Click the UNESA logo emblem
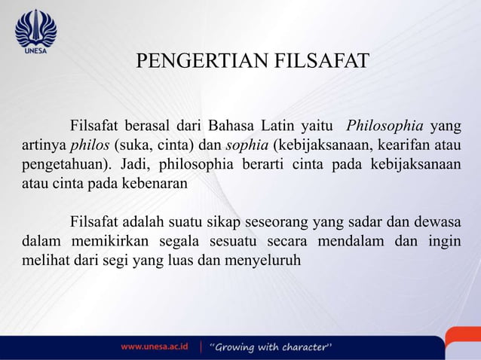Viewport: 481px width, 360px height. click(36, 29)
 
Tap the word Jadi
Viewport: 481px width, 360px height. click(134, 164)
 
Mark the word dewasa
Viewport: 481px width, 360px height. click(437, 222)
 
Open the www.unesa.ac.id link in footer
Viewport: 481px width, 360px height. click(155, 347)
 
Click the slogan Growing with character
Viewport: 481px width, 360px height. click(271, 347)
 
